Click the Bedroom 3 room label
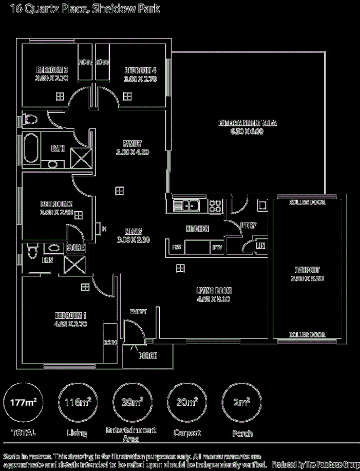tap(52, 70)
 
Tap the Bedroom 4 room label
tap(140, 70)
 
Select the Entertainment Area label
tap(248, 123)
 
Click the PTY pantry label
tap(217, 248)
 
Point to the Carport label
tap(307, 270)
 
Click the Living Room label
tap(213, 290)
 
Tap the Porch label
tap(147, 356)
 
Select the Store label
tap(76, 248)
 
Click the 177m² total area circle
tap(24, 402)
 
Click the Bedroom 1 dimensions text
tap(71, 324)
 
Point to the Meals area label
tap(132, 232)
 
